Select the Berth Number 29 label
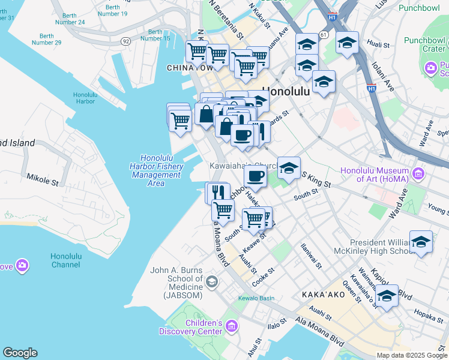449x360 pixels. point(46,39)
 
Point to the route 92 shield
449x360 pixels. point(125,41)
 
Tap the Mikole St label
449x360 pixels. point(43,178)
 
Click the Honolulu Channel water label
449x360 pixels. point(65,260)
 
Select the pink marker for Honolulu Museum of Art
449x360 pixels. point(418,175)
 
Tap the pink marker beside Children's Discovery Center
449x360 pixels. point(232,326)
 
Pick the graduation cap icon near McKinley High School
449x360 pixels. point(421,242)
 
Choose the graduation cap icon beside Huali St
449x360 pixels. point(347,43)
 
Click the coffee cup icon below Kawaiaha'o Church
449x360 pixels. point(255,176)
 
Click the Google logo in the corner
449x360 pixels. point(20,353)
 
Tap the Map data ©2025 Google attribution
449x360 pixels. point(411,355)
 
